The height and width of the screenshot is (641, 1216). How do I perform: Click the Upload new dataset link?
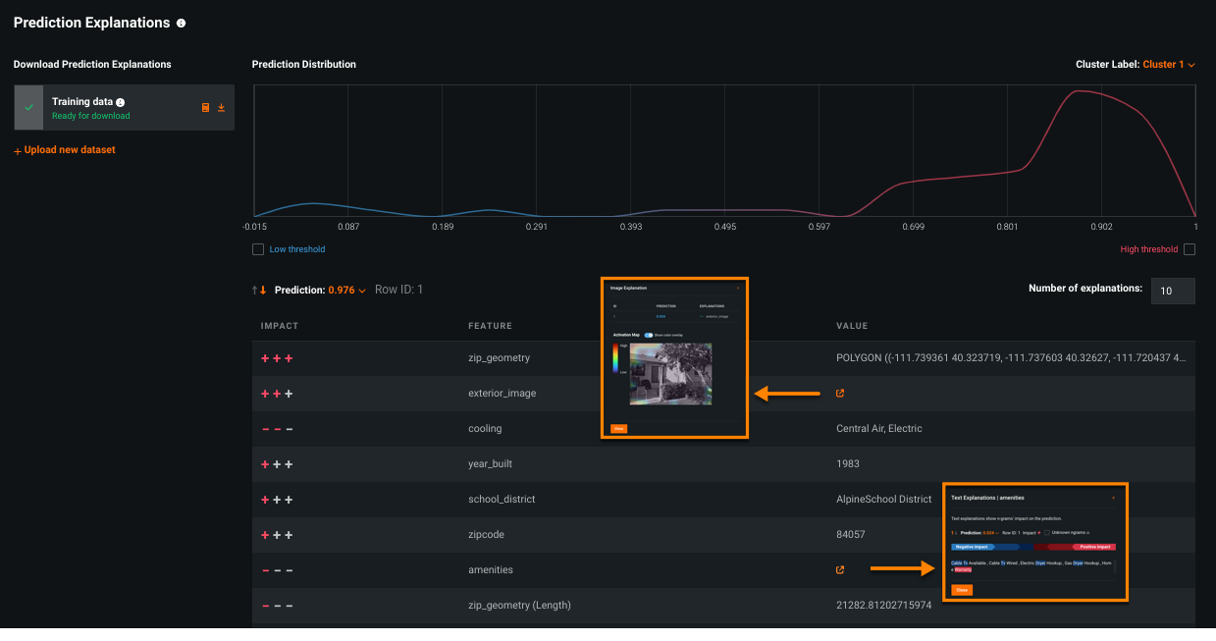click(x=65, y=150)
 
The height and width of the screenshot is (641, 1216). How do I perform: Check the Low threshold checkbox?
click(x=258, y=249)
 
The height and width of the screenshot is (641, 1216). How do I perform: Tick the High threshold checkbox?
click(x=1190, y=249)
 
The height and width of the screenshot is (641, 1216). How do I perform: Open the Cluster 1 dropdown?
click(x=1168, y=65)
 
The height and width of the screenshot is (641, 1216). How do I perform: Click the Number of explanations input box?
click(x=1172, y=291)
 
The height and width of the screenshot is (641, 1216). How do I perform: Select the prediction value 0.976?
click(x=342, y=291)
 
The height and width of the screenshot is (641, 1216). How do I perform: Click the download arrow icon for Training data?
click(x=222, y=108)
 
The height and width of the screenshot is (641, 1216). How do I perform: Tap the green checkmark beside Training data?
click(x=28, y=108)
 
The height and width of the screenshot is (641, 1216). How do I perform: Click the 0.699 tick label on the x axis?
click(x=913, y=226)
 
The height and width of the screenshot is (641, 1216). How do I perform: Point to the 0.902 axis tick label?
click(x=1100, y=226)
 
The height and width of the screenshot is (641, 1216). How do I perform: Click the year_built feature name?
click(x=491, y=464)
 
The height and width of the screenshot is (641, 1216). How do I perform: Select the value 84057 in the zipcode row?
click(x=849, y=535)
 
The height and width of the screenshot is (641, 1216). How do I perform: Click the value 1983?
click(x=847, y=464)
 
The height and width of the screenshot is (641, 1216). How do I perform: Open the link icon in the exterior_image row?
click(x=839, y=394)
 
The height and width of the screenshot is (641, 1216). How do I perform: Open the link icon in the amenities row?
click(x=839, y=570)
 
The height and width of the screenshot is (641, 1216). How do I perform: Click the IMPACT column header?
click(x=280, y=326)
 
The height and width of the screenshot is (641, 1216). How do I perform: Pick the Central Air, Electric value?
click(x=878, y=429)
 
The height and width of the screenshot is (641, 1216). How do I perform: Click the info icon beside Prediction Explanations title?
click(x=182, y=23)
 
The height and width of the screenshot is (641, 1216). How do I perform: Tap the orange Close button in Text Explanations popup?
click(x=962, y=590)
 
